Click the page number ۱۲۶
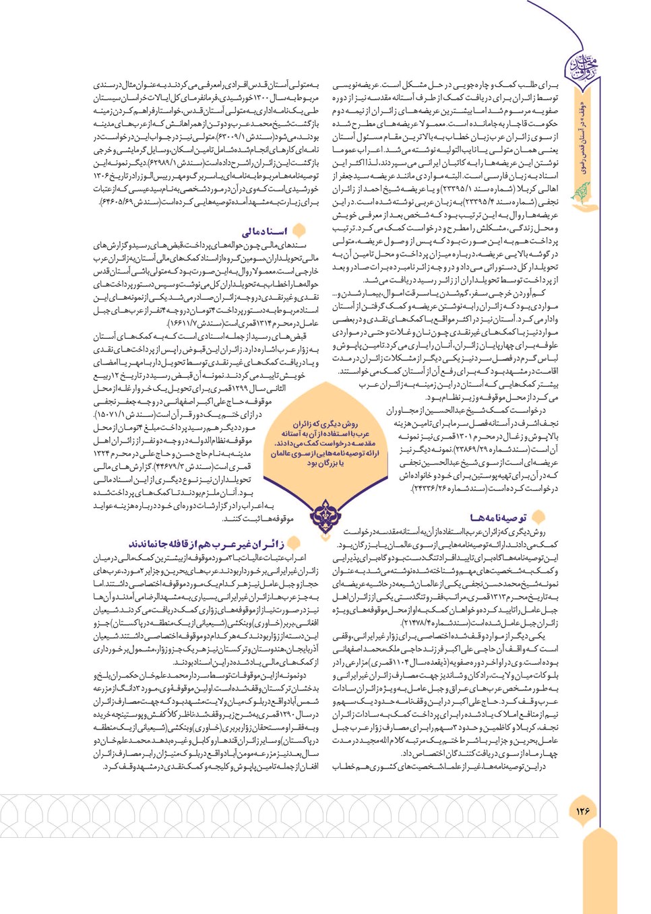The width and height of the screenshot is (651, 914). point(582,810)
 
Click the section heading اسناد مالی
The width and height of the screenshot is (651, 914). point(264,231)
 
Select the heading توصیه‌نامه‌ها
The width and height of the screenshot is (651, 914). point(499,517)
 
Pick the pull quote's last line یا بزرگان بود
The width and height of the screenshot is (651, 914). point(326,463)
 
